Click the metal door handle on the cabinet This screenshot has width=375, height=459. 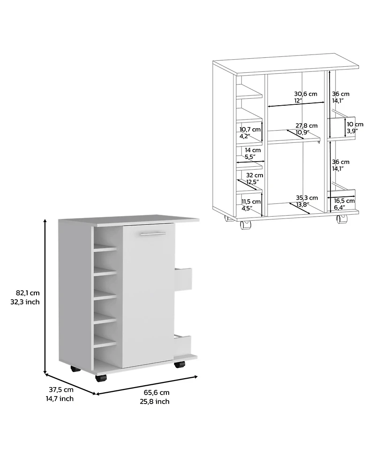point(152,233)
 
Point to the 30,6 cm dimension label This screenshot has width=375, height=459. point(306,93)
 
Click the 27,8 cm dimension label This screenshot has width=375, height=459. point(306,125)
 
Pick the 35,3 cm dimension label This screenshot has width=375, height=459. point(307,198)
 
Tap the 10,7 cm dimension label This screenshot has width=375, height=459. point(250,129)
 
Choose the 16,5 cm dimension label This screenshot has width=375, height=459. point(344,201)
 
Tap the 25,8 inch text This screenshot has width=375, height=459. point(154,401)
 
